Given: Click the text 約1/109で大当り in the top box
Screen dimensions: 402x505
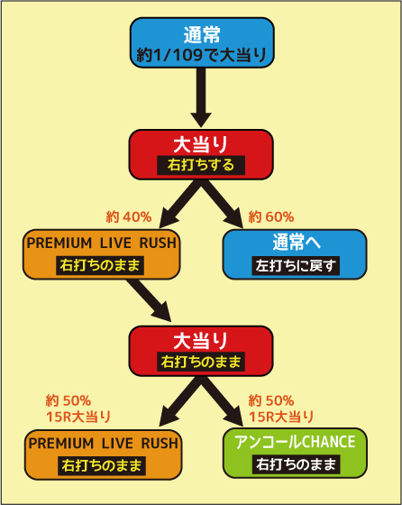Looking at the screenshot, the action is pyautogui.click(x=202, y=55).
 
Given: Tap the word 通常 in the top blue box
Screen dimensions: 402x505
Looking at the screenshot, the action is pyautogui.click(x=202, y=35).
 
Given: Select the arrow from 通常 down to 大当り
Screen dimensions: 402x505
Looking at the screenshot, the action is pyautogui.click(x=201, y=97).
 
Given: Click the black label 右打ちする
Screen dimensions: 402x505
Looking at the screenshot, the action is pyautogui.click(x=201, y=165).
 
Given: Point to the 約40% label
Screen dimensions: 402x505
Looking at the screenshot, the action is pyautogui.click(x=129, y=217).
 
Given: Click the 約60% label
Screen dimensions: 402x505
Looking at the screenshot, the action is pyautogui.click(x=271, y=217).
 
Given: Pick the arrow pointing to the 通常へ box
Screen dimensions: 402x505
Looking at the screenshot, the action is pyautogui.click(x=223, y=204).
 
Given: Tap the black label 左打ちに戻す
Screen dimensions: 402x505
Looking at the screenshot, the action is pyautogui.click(x=296, y=266).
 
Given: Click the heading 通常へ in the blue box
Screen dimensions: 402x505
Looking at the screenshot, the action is pyautogui.click(x=297, y=243).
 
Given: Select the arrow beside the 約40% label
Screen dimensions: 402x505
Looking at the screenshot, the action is pyautogui.click(x=180, y=204).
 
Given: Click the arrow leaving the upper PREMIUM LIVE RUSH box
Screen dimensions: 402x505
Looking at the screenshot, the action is pyautogui.click(x=149, y=300).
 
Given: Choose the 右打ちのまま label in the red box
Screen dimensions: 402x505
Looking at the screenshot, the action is pyautogui.click(x=201, y=362).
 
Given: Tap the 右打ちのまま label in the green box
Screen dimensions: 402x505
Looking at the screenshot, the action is pyautogui.click(x=296, y=464).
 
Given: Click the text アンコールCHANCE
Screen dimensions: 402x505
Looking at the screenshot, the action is pyautogui.click(x=295, y=442).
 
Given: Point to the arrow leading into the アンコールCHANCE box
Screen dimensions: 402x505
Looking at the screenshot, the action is pyautogui.click(x=223, y=401).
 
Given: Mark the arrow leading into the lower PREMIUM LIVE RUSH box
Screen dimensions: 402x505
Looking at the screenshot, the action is pyautogui.click(x=180, y=401).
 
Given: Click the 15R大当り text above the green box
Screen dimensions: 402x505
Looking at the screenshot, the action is pyautogui.click(x=281, y=417).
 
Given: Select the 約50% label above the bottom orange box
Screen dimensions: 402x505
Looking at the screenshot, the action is pyautogui.click(x=69, y=401).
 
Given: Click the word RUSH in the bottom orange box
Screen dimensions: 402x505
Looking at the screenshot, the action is pyautogui.click(x=160, y=444).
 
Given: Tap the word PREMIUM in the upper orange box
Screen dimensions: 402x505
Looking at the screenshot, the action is pyautogui.click(x=59, y=243).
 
